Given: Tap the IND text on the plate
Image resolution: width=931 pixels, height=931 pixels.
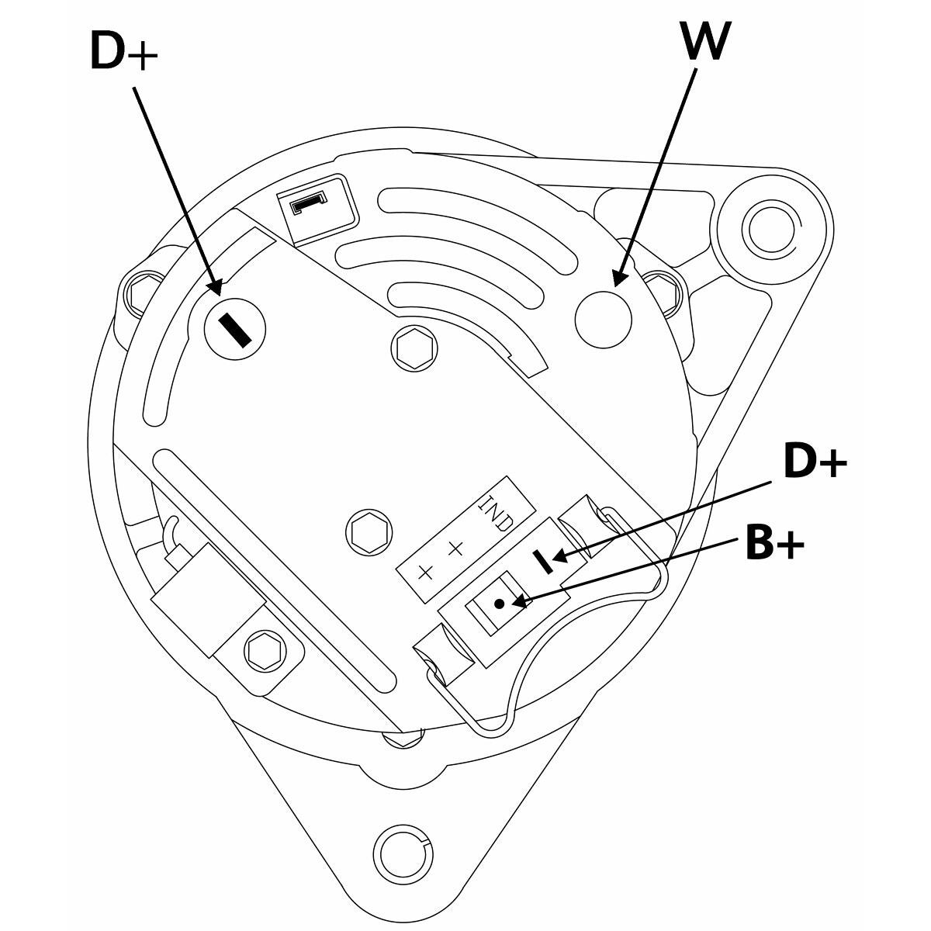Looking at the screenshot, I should (x=494, y=513).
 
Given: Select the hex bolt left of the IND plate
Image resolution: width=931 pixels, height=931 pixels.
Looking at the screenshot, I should (x=369, y=532).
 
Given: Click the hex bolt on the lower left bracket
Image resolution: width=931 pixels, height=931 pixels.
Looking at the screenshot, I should (x=262, y=649).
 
